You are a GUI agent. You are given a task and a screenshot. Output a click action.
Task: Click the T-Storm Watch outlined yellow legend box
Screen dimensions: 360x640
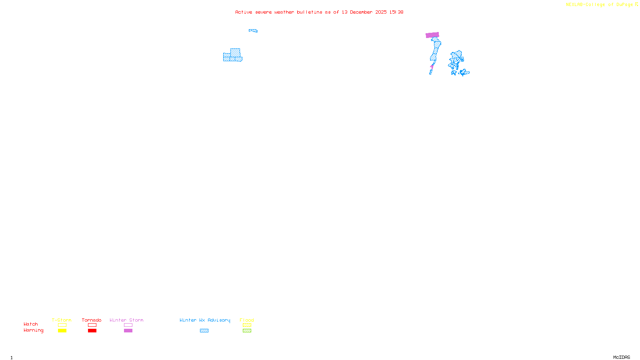pos(62,325)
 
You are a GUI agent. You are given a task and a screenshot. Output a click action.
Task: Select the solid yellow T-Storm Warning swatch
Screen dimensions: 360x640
pos(62,331)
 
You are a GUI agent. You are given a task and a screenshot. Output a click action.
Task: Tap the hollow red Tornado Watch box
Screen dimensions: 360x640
pos(92,325)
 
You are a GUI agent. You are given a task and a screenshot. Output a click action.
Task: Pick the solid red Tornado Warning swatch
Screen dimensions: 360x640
pos(92,331)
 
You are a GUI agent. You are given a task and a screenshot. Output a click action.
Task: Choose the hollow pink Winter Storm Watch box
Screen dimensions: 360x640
pos(128,325)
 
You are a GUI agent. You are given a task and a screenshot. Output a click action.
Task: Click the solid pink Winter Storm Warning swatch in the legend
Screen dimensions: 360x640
pos(128,331)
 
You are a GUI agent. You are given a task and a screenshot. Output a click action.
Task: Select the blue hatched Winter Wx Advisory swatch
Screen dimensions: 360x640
pos(204,331)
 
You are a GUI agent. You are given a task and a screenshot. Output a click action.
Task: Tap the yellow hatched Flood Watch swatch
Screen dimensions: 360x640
pos(247,325)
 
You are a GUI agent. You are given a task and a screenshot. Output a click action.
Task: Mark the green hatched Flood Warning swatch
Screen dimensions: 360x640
pos(247,331)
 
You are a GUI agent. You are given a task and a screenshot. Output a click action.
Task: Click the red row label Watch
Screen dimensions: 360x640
pos(31,324)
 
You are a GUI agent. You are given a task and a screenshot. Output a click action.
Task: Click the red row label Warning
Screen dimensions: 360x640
pos(34,330)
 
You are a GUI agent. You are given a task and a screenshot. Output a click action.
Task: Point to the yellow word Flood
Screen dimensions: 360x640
pos(247,320)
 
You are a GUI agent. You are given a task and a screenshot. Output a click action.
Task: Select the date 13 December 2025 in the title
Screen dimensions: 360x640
pos(364,12)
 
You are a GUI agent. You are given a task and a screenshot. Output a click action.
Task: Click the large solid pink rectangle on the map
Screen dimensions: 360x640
pos(432,35)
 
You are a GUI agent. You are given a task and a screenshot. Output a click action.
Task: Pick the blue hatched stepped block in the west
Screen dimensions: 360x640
pos(233,56)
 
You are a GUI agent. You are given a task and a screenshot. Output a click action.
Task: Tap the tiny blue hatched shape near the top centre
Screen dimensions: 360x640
pos(253,30)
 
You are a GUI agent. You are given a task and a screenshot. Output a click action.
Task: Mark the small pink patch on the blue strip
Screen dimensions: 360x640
pos(432,66)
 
